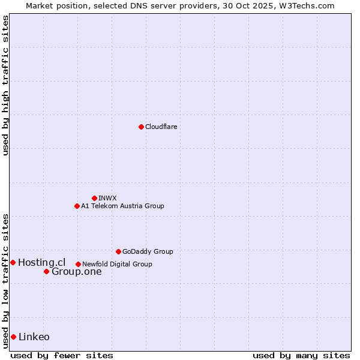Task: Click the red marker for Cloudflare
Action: click(141, 127)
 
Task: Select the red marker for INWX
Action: click(95, 198)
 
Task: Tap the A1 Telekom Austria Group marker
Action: click(77, 206)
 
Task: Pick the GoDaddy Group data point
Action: click(118, 251)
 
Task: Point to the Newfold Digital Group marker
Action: click(78, 264)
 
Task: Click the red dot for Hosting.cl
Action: click(13, 262)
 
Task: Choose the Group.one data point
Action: click(46, 272)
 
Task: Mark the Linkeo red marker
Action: click(13, 337)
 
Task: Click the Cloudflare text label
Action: click(161, 127)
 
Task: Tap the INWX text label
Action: click(107, 198)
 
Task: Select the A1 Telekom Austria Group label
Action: click(122, 206)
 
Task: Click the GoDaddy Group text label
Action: click(148, 251)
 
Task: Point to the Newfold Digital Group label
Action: click(117, 264)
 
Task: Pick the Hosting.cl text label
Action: click(41, 262)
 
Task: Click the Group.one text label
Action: click(76, 272)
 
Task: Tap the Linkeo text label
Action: click(34, 337)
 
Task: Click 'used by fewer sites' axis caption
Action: click(62, 355)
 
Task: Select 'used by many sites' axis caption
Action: click(301, 355)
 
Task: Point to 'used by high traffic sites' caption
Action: click(5, 85)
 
